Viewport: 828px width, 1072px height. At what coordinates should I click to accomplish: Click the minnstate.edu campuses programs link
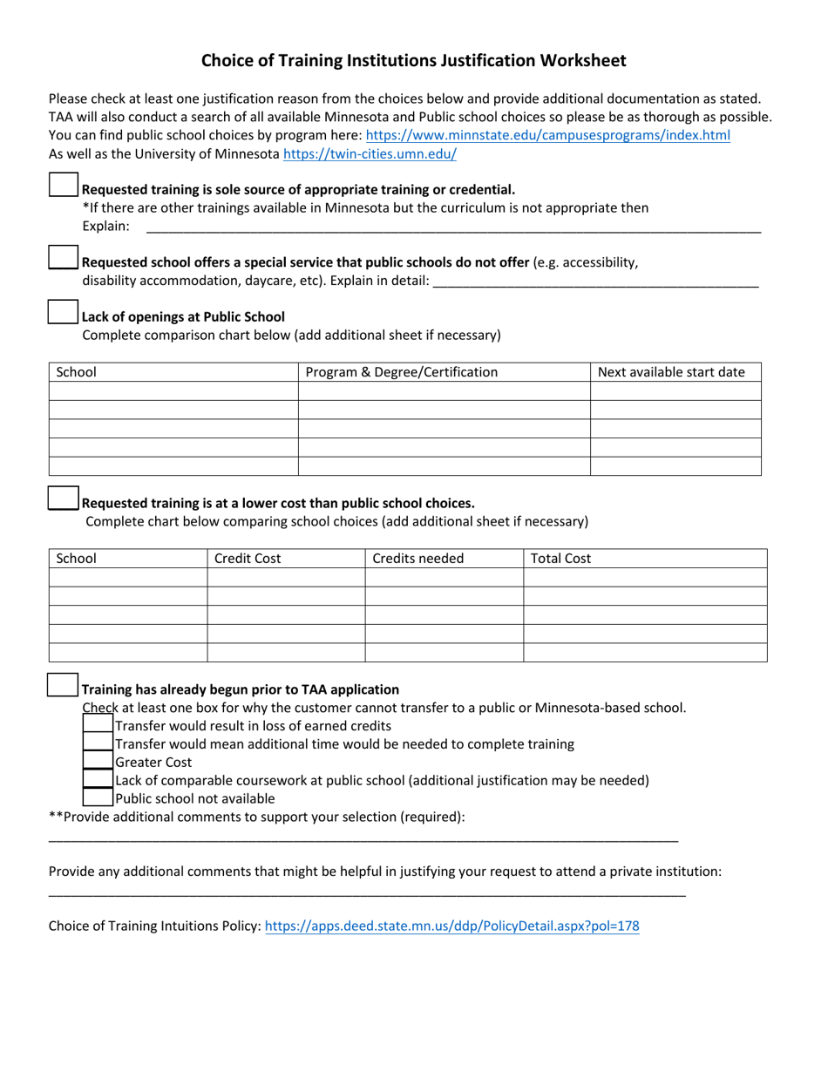[547, 135]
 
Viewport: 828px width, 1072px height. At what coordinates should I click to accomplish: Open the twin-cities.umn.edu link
[370, 154]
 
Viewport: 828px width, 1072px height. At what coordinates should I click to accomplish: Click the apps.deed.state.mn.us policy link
[451, 926]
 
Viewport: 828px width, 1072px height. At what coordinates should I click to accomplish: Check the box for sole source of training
[64, 185]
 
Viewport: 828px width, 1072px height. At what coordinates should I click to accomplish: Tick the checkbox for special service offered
[64, 257]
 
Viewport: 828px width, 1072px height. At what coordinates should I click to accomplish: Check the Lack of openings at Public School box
[64, 312]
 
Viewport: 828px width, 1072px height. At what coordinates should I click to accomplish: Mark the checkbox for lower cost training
[64, 498]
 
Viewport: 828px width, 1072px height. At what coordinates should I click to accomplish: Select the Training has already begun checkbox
[64, 684]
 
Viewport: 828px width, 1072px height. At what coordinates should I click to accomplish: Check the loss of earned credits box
[98, 724]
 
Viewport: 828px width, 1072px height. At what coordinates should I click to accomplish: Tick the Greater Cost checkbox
[98, 761]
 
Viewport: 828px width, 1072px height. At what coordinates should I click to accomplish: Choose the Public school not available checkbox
[98, 797]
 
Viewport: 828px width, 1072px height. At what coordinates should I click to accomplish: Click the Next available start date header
[671, 372]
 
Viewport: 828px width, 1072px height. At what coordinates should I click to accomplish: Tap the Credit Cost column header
[248, 559]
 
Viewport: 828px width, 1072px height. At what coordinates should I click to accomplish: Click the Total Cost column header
[561, 559]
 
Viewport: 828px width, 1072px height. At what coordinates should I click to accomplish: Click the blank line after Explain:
[453, 228]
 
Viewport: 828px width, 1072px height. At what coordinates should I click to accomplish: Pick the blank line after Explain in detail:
[595, 282]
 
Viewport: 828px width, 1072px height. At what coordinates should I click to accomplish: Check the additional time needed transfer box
[98, 743]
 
